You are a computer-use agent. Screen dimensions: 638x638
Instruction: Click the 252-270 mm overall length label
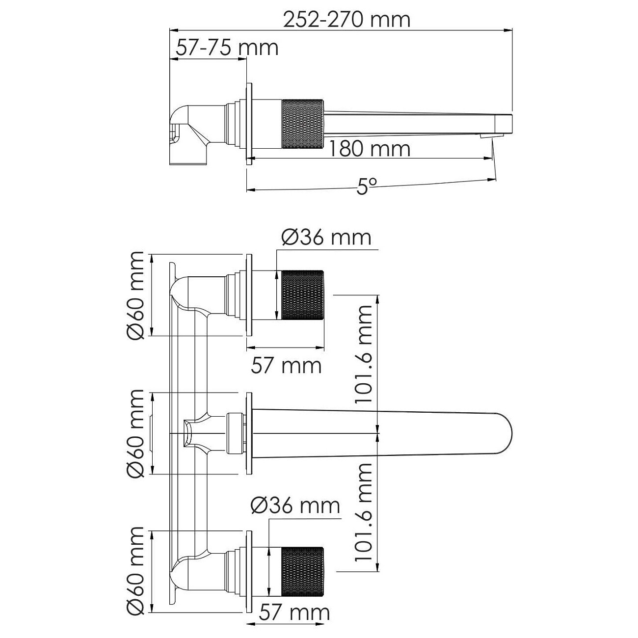pos(346,20)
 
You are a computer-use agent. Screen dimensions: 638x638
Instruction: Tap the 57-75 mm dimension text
pos(227,48)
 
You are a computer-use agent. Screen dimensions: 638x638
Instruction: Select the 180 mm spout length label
pos(369,149)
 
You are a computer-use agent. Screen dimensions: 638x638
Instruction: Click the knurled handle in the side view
pos(302,124)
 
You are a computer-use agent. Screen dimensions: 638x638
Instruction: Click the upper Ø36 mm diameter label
pos(326,238)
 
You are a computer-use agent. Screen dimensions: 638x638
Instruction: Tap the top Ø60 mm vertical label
pos(135,295)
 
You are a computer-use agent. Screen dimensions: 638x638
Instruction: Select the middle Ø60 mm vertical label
pos(135,433)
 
